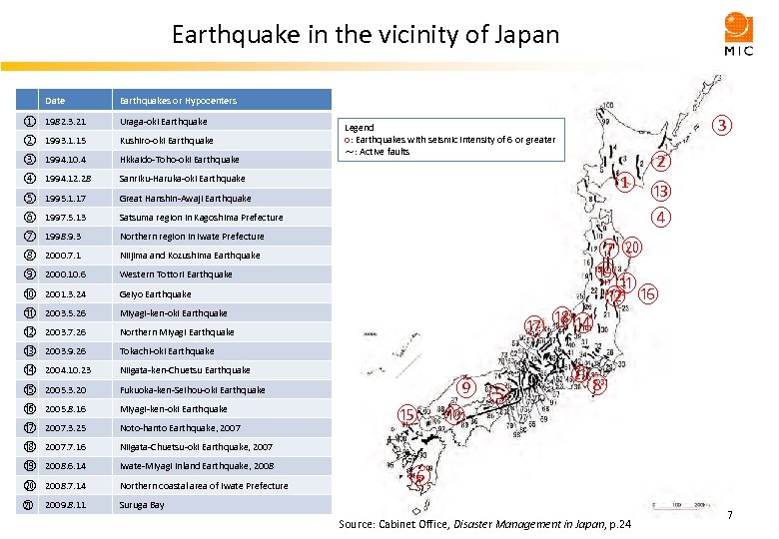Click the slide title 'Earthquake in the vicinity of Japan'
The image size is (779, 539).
pos(366,36)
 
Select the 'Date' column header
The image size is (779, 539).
pos(55,101)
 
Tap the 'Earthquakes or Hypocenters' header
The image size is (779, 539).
pos(178,101)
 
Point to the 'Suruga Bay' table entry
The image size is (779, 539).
pos(142,505)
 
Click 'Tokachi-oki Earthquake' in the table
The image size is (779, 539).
pos(167,351)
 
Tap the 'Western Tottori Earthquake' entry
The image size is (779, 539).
pos(176,274)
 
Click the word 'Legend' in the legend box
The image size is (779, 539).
pos(360,128)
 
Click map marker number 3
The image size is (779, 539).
pos(721,126)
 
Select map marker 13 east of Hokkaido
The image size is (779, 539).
pos(660,192)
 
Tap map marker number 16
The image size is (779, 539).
pos(647,294)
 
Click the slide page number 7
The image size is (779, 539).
pos(730,515)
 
